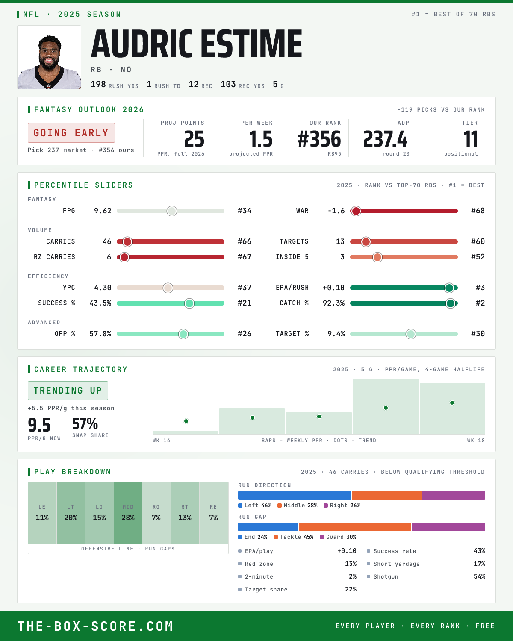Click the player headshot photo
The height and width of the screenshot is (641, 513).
click(49, 57)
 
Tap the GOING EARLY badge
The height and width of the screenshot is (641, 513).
click(71, 133)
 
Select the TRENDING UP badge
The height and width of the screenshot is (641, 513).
click(68, 391)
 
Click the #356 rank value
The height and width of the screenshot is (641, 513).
click(319, 139)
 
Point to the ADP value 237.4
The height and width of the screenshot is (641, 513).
click(385, 139)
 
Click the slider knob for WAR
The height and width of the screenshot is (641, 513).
click(356, 211)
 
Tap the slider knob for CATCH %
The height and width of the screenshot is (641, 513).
click(451, 303)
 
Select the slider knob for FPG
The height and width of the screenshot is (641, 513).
click(172, 211)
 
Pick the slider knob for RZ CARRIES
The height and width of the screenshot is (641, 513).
click(124, 257)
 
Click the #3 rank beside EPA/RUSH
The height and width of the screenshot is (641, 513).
click(480, 288)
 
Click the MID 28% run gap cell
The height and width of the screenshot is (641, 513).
click(128, 513)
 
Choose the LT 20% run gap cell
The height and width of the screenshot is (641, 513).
click(71, 513)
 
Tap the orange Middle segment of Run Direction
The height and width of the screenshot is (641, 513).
click(386, 495)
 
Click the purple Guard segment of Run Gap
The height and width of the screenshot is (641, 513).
click(448, 527)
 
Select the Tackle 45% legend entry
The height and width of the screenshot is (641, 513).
click(294, 537)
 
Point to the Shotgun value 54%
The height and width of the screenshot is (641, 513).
click(479, 576)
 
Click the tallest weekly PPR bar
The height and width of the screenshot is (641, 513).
click(386, 406)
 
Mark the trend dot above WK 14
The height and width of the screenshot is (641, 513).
click(186, 421)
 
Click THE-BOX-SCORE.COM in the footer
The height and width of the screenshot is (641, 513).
click(95, 626)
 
